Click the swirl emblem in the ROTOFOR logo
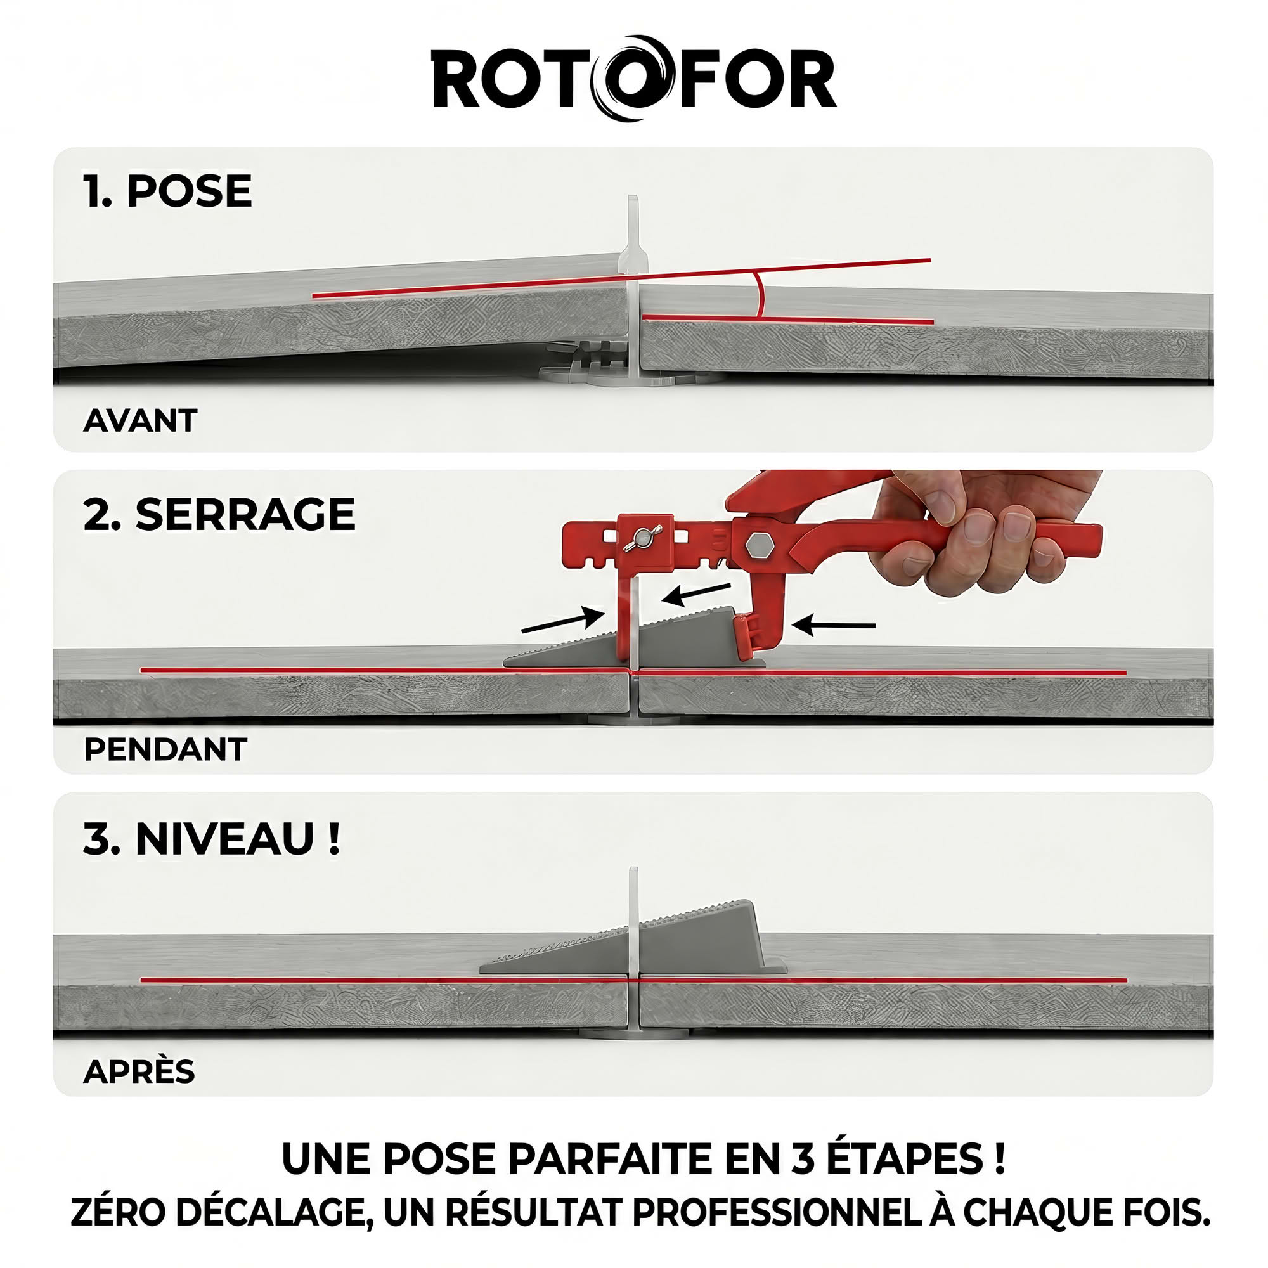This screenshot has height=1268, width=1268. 634,78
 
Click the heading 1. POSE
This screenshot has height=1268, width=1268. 167,191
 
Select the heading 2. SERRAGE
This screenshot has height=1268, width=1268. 219,515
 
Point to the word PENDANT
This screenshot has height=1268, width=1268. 165,749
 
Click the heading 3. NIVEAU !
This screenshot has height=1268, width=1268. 212,839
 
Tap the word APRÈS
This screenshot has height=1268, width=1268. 139,1071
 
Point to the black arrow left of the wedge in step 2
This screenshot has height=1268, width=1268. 562,619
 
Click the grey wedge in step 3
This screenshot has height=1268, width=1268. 633,938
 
